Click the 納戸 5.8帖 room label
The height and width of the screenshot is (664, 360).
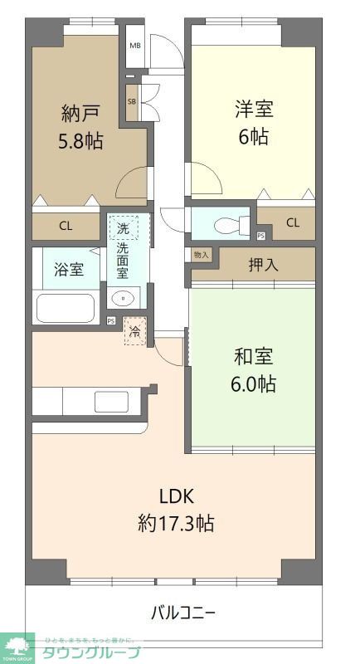82,126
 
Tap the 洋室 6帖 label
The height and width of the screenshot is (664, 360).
254,122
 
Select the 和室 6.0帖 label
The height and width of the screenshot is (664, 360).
254,371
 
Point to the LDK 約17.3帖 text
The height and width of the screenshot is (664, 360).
177,510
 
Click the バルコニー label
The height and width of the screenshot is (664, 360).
183,613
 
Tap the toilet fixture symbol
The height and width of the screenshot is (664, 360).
229,225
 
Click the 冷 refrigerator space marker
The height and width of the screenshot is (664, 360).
134,331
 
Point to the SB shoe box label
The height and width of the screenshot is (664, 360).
132,100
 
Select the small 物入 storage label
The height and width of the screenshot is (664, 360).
201,255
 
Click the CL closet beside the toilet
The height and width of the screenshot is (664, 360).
292,222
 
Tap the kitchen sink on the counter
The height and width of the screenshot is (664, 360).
111,402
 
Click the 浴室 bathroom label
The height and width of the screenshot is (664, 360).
69,269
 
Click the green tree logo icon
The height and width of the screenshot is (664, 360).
17,644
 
